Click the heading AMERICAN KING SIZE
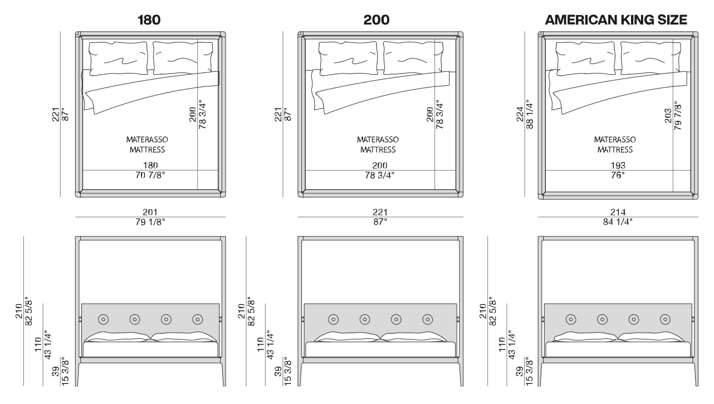click(617, 21)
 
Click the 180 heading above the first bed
click(149, 21)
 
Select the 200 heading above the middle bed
click(376, 21)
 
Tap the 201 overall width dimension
click(150, 212)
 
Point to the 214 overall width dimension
click(618, 212)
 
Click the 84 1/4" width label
click(618, 222)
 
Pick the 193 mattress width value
click(617, 165)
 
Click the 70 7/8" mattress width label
click(150, 175)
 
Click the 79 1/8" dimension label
click(150, 222)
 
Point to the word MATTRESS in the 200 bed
click(378, 149)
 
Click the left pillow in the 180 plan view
click(119, 59)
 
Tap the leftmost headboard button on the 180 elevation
click(103, 319)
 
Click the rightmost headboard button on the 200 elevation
click(428, 319)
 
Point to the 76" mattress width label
click(617, 175)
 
